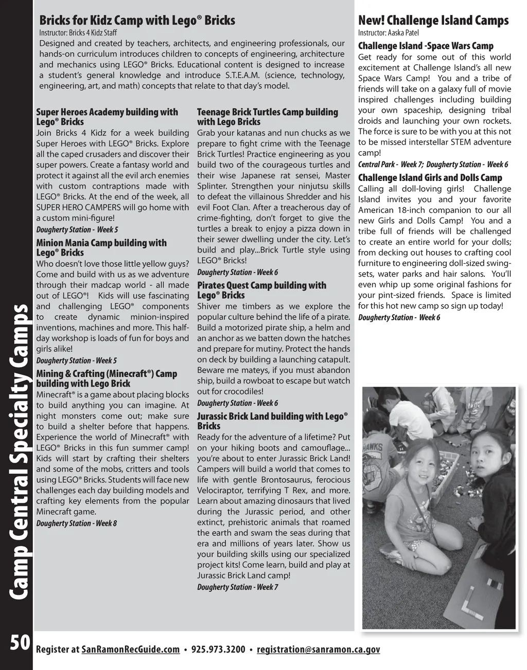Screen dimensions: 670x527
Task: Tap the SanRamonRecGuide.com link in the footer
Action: point(131,649)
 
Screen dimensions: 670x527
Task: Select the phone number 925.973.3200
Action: point(218,649)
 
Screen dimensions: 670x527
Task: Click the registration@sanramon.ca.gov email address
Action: point(318,649)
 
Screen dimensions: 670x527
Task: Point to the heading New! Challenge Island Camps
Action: point(433,21)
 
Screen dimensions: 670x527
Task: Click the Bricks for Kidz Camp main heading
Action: point(137,21)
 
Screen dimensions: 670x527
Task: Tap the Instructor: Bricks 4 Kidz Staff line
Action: point(78,33)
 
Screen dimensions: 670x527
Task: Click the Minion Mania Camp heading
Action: point(101,247)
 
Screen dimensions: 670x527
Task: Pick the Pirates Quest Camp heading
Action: point(261,290)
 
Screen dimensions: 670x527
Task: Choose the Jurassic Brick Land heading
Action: point(272,421)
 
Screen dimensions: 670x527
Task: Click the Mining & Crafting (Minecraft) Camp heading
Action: point(107,378)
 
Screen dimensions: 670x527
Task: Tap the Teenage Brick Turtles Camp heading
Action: point(268,117)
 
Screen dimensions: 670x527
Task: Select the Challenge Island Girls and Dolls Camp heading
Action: point(430,178)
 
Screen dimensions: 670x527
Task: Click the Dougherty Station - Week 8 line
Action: point(76,523)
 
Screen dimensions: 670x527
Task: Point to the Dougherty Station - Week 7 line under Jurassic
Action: point(237,587)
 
